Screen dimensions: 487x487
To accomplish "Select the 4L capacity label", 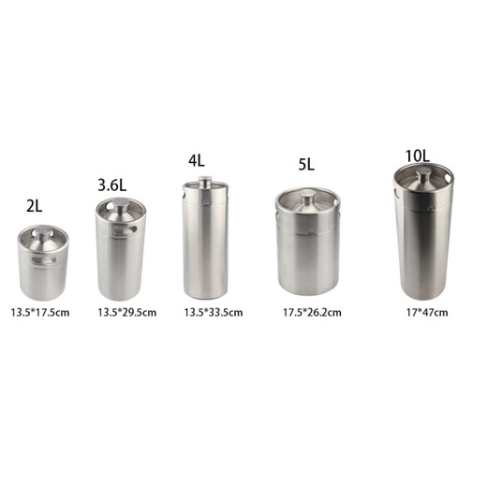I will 196,160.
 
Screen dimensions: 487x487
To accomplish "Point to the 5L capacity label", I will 305,165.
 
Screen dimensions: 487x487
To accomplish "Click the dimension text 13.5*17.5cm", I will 40,311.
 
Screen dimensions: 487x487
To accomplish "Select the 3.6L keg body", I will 122,258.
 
